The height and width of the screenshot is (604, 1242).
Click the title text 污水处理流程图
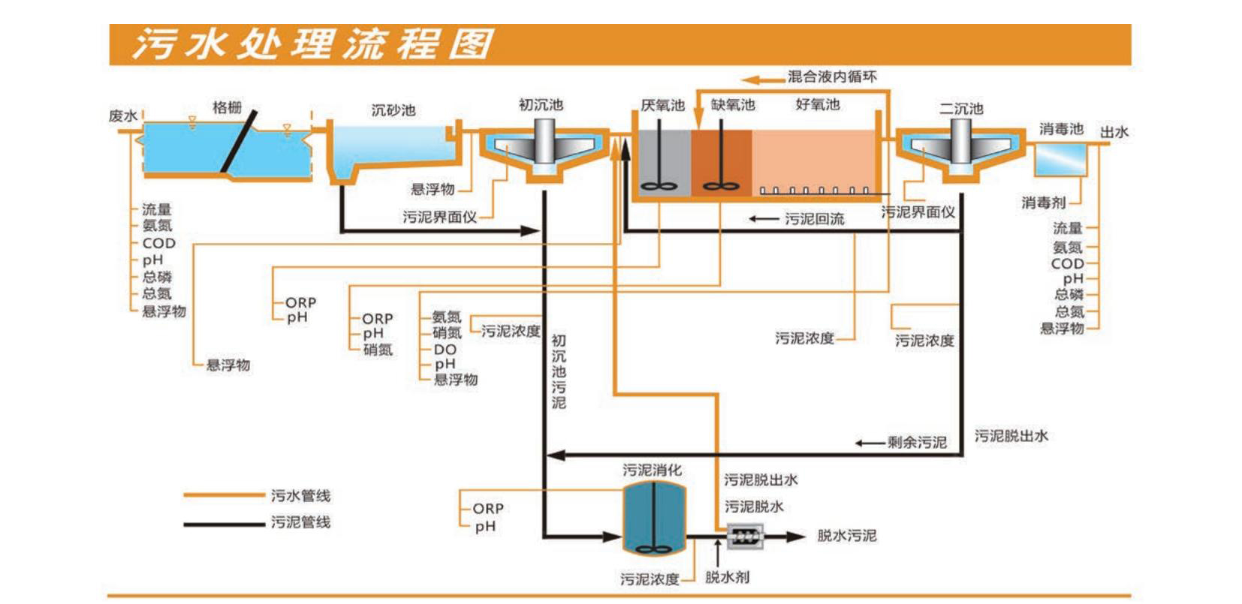coord(312,44)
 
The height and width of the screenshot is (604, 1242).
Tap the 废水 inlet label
coord(123,116)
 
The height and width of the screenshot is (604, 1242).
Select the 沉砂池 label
coord(393,110)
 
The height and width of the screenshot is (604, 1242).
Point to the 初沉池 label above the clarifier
coord(541,105)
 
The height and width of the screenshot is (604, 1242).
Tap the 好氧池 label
coord(818,105)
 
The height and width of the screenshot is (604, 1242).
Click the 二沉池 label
coord(961,109)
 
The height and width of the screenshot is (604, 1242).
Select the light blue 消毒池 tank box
coord(1060,158)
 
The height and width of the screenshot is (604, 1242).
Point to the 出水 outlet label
coord(1114,132)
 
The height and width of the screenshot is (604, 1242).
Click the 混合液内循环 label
coord(831,77)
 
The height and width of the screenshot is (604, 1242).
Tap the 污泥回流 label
coord(815,218)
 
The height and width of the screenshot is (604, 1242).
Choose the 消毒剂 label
coord(1043,203)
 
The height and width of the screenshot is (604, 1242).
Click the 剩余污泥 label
coord(917,442)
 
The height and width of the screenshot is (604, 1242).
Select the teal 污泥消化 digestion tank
coord(655,518)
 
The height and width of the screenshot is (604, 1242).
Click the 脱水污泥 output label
coord(846,536)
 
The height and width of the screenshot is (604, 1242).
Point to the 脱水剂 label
coord(727,577)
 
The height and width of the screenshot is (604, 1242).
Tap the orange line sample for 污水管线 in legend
coord(221,495)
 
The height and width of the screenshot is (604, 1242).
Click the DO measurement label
coord(445,350)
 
